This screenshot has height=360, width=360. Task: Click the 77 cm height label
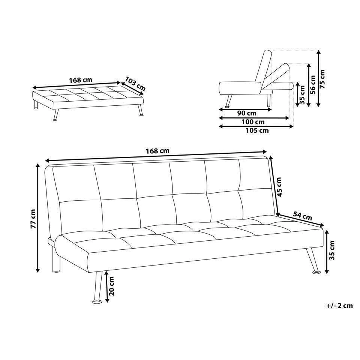click(x=33, y=219)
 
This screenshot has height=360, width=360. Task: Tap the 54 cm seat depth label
click(x=302, y=216)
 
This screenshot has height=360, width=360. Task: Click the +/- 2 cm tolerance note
click(x=339, y=306)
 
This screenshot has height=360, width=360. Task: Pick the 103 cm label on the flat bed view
click(x=135, y=85)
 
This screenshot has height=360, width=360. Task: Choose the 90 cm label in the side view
click(x=247, y=113)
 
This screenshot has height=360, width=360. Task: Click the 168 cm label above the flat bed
click(x=80, y=80)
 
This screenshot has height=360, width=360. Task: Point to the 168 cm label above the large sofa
click(x=157, y=151)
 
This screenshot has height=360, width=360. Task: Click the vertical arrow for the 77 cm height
click(x=38, y=217)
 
